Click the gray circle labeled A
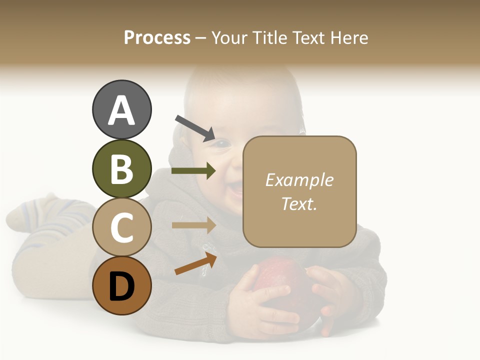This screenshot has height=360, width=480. [121, 109]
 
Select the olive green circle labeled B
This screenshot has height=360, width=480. [121, 168]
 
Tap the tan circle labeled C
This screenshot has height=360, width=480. [121, 227]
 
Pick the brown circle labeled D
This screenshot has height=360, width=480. [121, 286]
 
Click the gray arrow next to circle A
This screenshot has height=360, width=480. [195, 127]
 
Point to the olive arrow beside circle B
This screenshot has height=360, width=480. [193, 171]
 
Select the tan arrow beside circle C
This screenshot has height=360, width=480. [193, 225]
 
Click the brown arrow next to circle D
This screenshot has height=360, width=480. [195, 263]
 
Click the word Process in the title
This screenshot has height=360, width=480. [157, 37]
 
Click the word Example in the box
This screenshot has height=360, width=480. [299, 180]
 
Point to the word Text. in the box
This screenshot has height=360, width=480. [299, 203]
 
